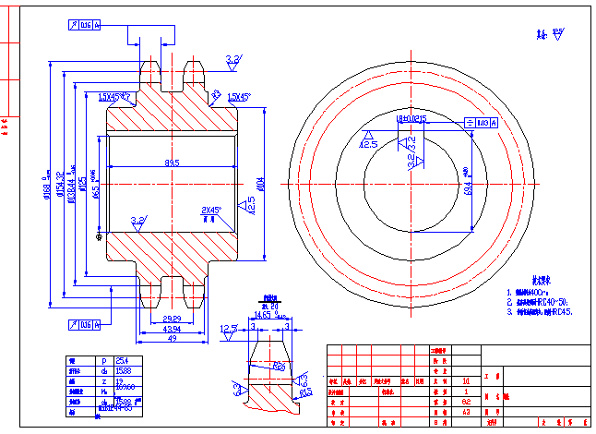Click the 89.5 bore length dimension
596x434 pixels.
[172, 163]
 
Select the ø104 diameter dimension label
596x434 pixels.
[260, 185]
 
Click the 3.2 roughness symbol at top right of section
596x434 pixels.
[232, 60]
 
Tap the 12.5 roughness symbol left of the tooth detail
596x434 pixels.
[228, 329]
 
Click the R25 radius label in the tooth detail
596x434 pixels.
[278, 366]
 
